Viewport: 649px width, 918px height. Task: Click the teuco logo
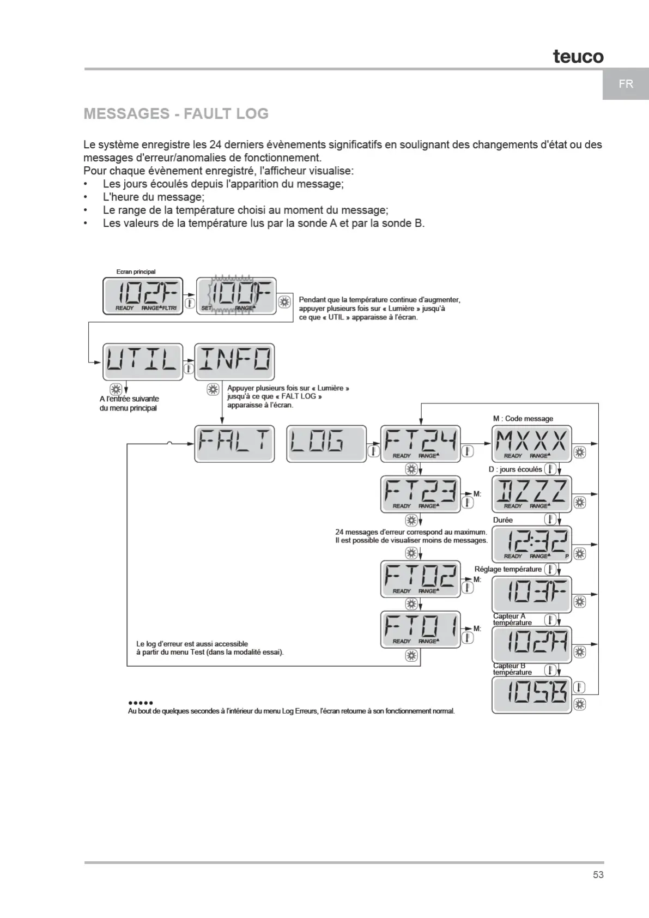pos(578,56)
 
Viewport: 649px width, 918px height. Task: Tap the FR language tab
pos(626,84)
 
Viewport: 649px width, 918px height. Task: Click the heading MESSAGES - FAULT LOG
pos(176,113)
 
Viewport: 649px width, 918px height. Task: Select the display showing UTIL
pos(142,361)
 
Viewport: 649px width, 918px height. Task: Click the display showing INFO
pos(234,361)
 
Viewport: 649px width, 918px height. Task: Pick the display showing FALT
pos(234,444)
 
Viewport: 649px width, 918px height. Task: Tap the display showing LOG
pos(326,444)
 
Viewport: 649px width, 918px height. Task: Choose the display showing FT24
pos(420,444)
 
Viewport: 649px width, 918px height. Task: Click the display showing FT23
pos(420,494)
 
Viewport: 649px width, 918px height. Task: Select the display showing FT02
pos(420,579)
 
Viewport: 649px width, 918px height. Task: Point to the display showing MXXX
pos(531,444)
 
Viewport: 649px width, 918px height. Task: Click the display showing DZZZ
pos(531,494)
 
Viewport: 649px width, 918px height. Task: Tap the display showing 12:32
pos(531,544)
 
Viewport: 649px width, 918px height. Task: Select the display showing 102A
pos(531,645)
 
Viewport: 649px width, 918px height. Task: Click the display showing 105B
pos(531,695)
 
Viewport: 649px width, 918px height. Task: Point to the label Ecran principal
pos(136,271)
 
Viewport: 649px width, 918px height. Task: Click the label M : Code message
pos(523,419)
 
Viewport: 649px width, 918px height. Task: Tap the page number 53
pos(598,875)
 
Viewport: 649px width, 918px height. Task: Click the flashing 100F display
pos(236,296)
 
